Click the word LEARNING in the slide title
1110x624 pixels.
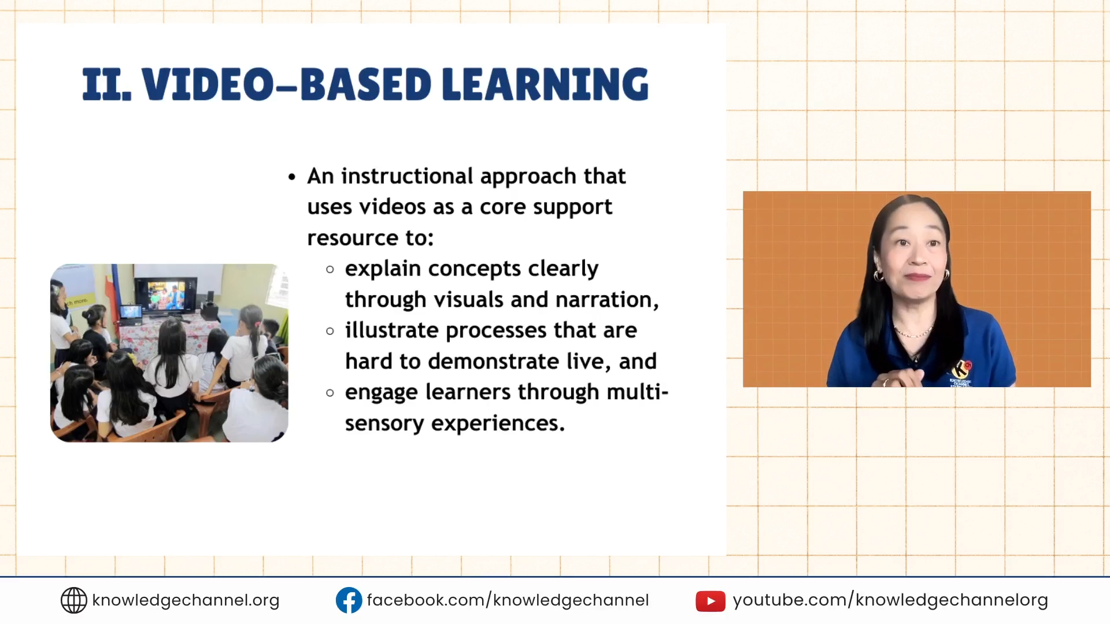[x=545, y=84]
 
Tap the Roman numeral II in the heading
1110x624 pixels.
[x=106, y=85]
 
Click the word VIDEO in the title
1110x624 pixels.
[x=207, y=85]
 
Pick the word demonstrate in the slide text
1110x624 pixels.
[x=493, y=362]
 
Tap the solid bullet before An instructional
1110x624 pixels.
[x=292, y=177]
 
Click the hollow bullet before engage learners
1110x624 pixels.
[x=330, y=393]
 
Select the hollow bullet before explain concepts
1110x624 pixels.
[x=330, y=269]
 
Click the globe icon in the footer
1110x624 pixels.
[x=73, y=600]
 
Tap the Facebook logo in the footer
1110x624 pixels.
[x=349, y=600]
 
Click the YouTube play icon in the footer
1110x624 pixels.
[x=710, y=601]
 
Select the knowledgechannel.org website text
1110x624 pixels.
[x=186, y=600]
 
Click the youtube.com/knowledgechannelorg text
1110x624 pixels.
[x=890, y=600]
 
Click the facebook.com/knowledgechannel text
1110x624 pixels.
[x=508, y=600]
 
